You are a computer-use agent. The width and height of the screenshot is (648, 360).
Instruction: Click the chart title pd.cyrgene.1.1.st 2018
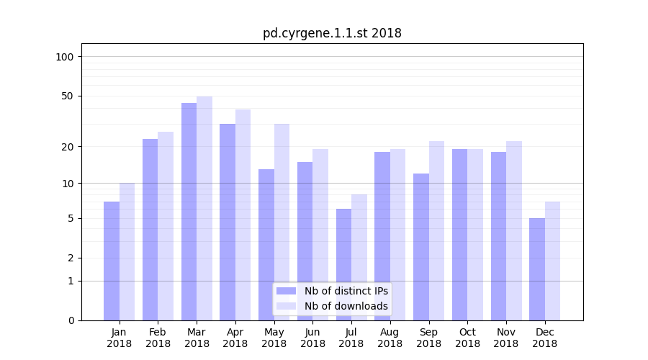click(x=332, y=33)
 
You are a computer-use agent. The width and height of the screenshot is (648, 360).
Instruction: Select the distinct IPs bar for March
click(x=189, y=212)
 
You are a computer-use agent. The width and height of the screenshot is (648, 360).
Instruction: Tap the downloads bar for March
click(x=204, y=208)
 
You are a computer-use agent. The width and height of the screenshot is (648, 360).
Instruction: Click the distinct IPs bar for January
click(x=112, y=261)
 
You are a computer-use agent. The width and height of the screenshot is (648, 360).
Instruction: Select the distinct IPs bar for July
click(x=343, y=264)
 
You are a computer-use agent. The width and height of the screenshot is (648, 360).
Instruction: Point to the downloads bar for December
click(x=552, y=261)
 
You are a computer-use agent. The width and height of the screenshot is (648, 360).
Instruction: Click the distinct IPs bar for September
click(x=421, y=247)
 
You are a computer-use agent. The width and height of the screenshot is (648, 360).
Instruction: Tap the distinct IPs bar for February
click(x=150, y=230)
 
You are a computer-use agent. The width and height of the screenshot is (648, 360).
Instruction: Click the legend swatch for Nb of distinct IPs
click(x=286, y=291)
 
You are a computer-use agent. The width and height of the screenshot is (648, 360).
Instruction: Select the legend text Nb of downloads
click(x=346, y=306)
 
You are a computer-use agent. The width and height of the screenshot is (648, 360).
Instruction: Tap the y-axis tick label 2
click(x=71, y=258)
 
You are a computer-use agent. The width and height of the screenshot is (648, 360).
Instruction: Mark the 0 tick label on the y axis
click(x=71, y=320)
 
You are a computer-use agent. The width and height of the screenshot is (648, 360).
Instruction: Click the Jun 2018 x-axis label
click(x=312, y=338)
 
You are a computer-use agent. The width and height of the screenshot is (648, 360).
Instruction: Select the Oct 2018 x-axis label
click(x=467, y=338)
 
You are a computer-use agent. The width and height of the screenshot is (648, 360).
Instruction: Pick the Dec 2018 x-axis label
click(x=544, y=338)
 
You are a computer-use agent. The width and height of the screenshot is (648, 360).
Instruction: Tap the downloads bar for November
click(x=513, y=230)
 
